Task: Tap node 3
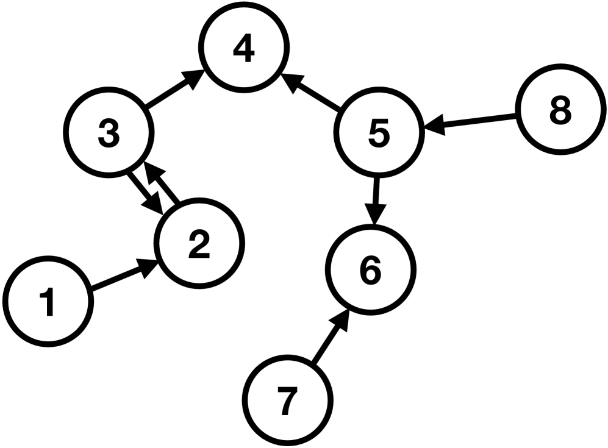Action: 109,133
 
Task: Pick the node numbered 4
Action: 244,50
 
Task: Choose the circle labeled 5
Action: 379,133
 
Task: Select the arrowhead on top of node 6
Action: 374,215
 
